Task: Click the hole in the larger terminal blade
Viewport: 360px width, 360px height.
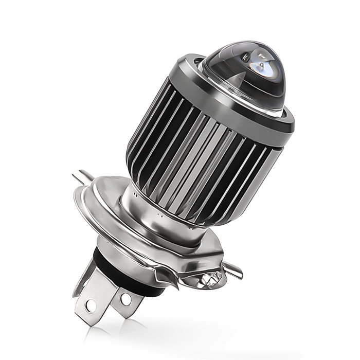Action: pyautogui.click(x=91, y=305)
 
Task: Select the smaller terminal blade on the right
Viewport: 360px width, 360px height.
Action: pyautogui.click(x=123, y=301)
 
